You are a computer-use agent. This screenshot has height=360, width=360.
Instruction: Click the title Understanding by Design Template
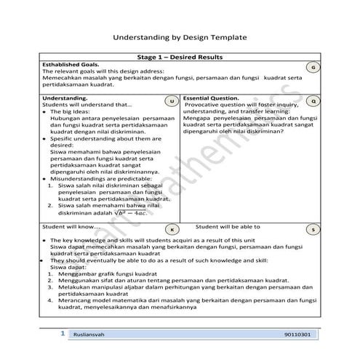tap(180, 36)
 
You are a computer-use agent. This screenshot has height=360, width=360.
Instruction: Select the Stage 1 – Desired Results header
tap(180, 57)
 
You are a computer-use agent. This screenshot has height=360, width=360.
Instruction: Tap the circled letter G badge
tap(312, 67)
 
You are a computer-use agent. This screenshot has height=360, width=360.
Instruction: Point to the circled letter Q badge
tap(312, 100)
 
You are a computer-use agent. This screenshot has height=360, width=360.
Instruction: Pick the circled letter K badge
tap(172, 229)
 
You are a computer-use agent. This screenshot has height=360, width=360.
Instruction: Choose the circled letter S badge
tap(312, 229)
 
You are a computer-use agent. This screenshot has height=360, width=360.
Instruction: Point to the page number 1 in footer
tap(63, 333)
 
